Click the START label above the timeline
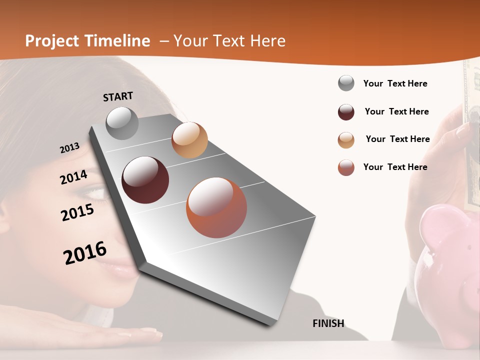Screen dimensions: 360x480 [x=118, y=96]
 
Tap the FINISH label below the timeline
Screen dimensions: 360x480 [x=328, y=323]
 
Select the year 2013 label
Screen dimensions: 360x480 [x=69, y=147]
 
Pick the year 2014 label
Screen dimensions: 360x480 [x=73, y=177]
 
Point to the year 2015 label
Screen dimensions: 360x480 [x=77, y=212]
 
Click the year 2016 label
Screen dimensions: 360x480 [x=85, y=253]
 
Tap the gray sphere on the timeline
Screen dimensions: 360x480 [x=122, y=123]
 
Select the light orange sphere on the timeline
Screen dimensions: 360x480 [x=189, y=140]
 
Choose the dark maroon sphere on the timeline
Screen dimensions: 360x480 [x=145, y=180]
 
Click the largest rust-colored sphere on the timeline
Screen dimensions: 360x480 [x=216, y=207]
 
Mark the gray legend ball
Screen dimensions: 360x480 [x=346, y=83]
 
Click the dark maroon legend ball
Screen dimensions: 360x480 [x=346, y=112]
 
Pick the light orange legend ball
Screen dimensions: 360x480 [x=346, y=140]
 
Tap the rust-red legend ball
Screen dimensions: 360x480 [x=346, y=167]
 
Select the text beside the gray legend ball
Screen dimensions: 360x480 [x=395, y=83]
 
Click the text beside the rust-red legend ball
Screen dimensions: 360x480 [x=395, y=167]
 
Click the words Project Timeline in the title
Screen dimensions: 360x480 [x=87, y=41]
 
